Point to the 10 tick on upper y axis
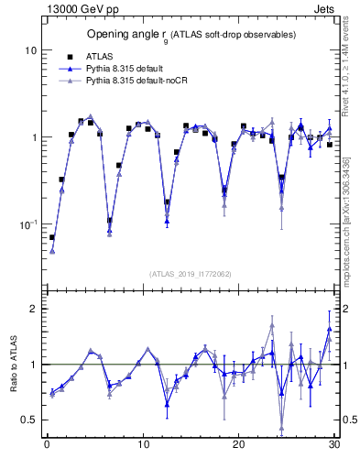29,50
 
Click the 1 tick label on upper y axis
32,137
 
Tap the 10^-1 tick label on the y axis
27,224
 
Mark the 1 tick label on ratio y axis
32,365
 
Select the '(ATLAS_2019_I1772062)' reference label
191,274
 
